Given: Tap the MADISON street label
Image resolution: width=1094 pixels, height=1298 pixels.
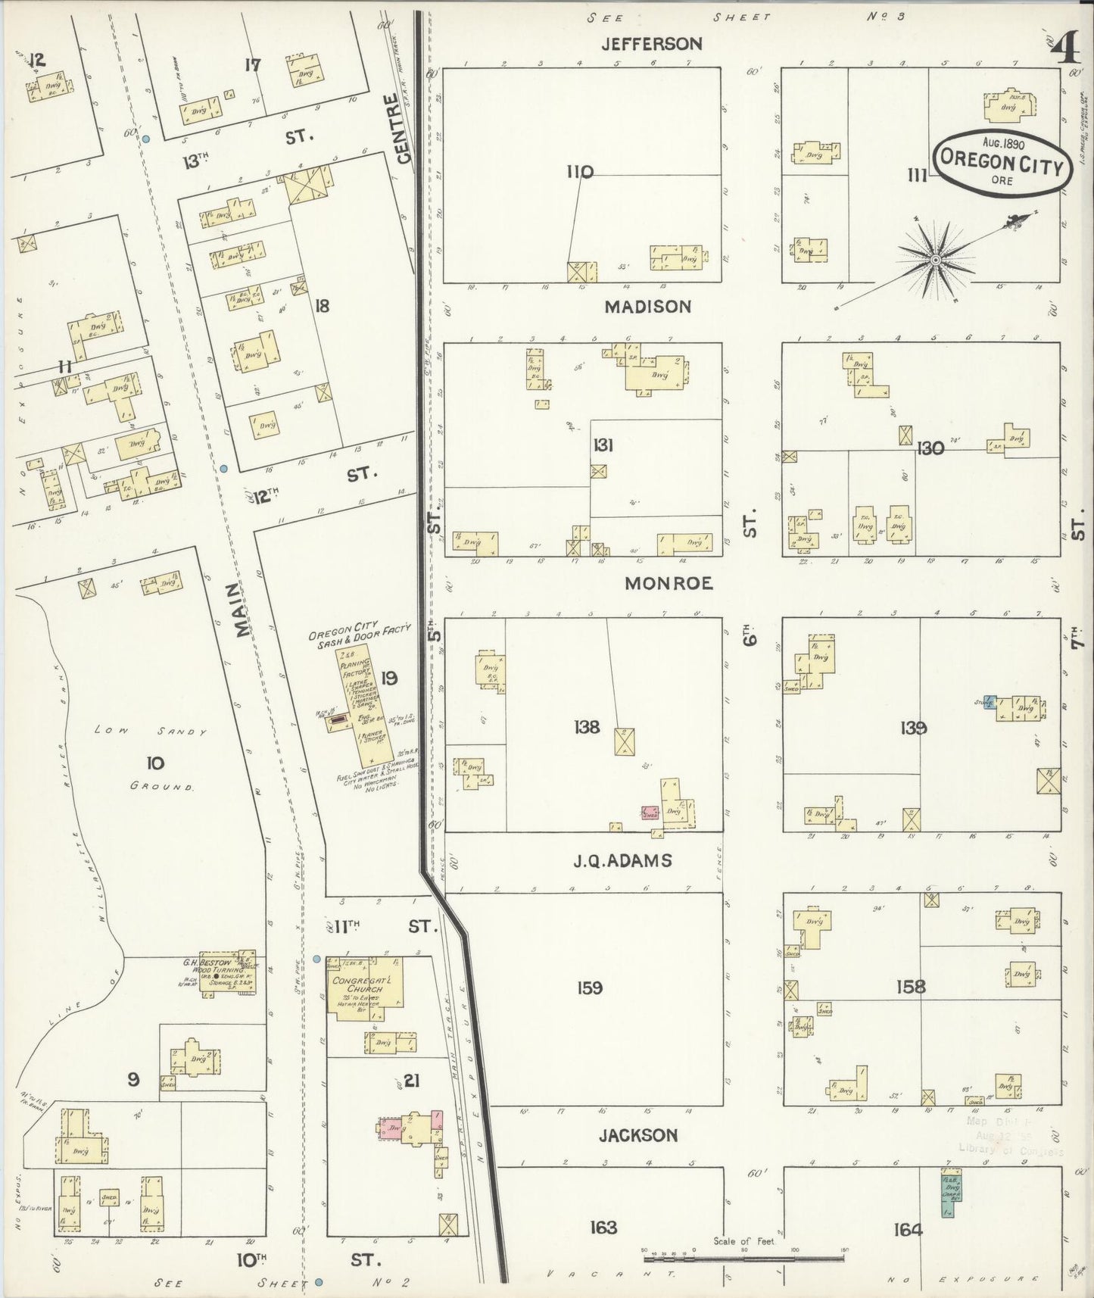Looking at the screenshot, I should pos(647,307).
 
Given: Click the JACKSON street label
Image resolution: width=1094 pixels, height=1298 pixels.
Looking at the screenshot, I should pos(637,1135).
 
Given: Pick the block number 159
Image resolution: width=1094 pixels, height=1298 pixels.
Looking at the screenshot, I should pos(589,988).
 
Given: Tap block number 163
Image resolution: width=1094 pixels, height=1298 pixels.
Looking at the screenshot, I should pos(603,1227).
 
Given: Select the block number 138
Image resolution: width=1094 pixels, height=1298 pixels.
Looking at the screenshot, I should pos(587,728).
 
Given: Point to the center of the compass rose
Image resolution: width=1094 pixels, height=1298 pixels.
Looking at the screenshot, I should pos(935,260).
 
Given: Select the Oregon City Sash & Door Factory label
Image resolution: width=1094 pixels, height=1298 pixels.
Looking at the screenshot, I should pos(359,632).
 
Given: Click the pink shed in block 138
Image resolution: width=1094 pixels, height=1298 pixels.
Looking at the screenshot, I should pos(650,813).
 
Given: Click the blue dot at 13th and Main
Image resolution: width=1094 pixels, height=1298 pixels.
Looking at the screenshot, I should pos(146,139).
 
